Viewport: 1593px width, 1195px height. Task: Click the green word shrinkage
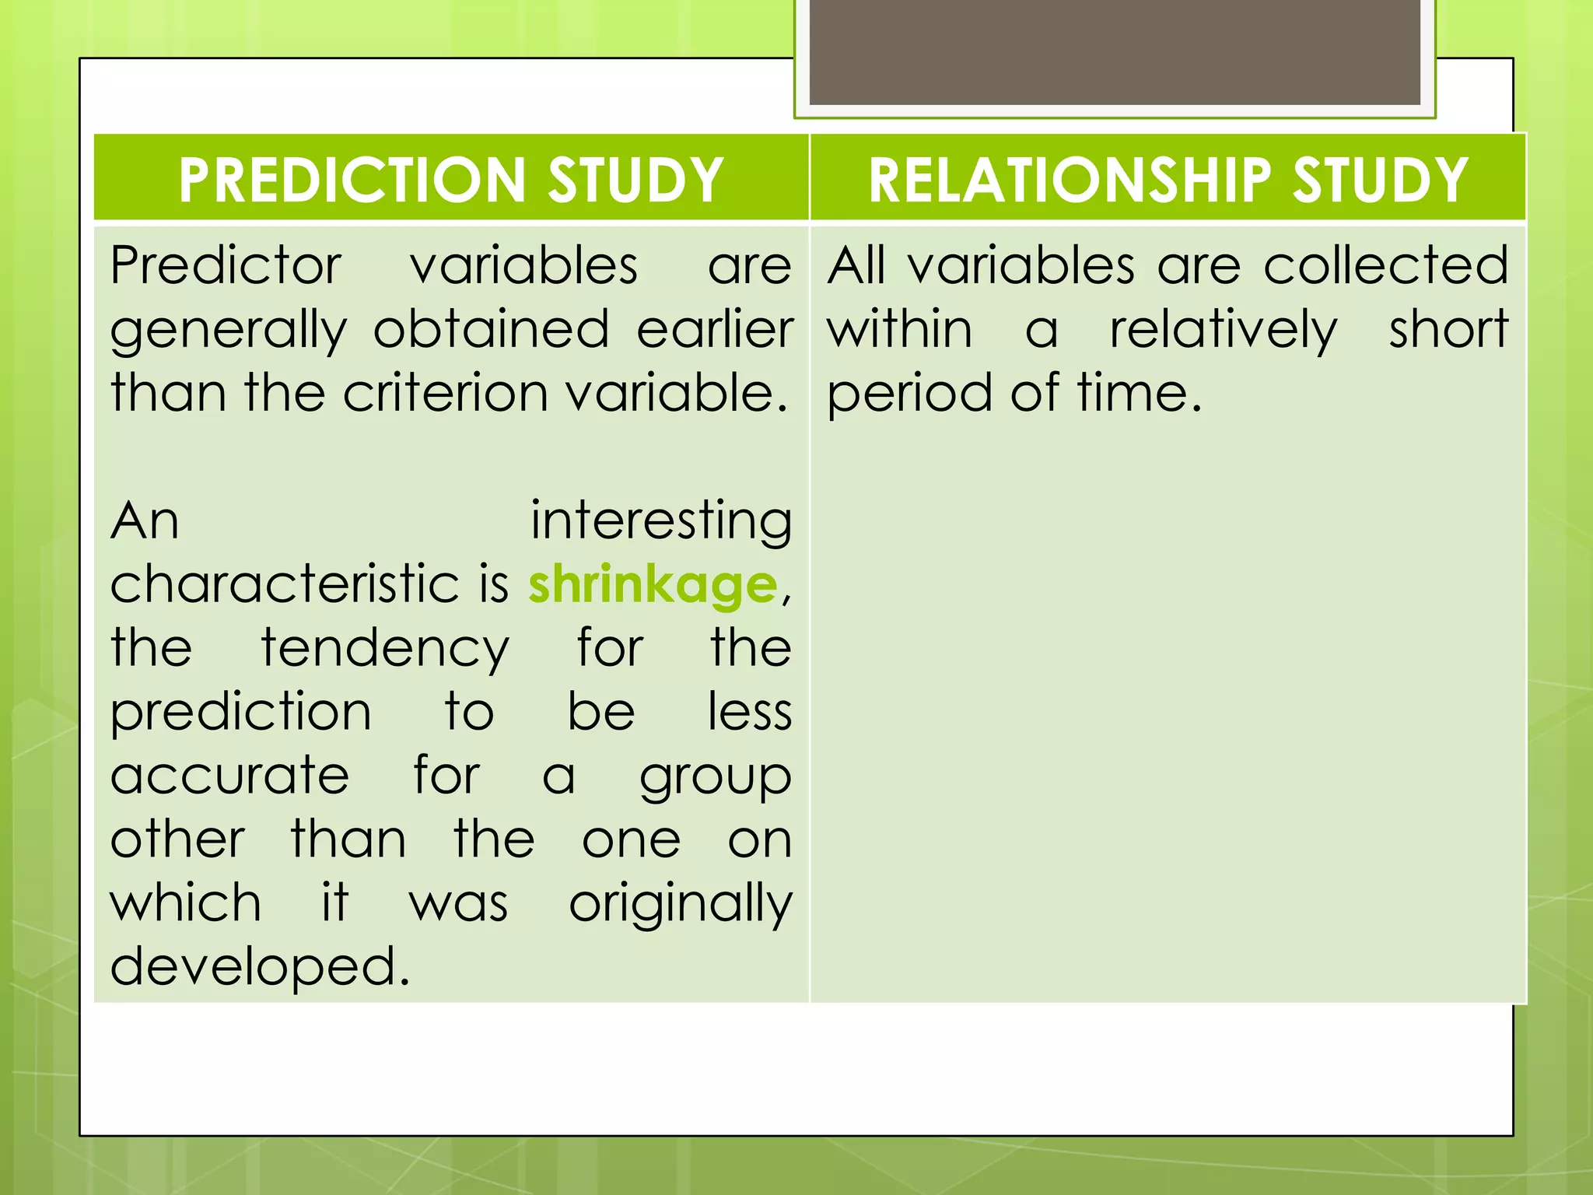pos(653,585)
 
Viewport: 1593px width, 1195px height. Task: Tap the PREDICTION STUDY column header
pos(451,179)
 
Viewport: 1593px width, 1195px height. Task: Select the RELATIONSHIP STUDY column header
pos(1168,179)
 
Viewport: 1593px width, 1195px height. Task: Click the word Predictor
pos(226,266)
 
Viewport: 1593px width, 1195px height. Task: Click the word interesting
pos(661,521)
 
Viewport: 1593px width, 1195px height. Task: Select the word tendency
pos(385,649)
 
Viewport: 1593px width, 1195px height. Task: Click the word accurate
pos(230,776)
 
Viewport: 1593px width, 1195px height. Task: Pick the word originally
pos(681,904)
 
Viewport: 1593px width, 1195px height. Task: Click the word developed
pos(260,967)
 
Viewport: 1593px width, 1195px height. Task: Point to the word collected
pos(1385,266)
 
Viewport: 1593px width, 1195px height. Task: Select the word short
pos(1448,330)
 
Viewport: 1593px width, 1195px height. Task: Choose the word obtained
pos(492,330)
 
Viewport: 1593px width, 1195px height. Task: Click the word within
pos(899,330)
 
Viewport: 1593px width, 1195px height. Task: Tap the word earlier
pos(715,330)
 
